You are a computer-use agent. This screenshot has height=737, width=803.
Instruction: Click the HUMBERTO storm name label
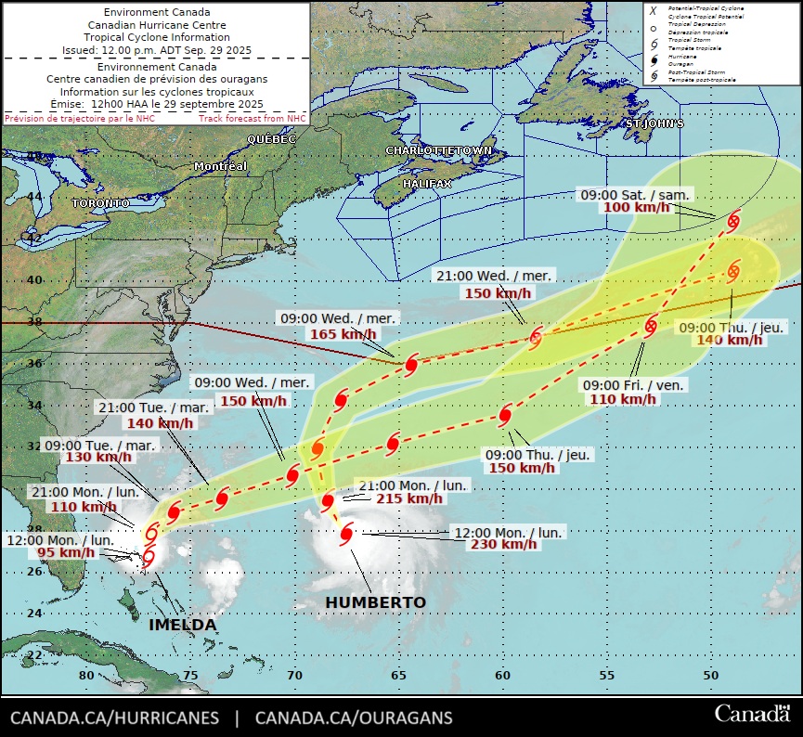pyautogui.click(x=375, y=603)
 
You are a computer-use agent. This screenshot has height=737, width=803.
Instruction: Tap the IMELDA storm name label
pyautogui.click(x=183, y=625)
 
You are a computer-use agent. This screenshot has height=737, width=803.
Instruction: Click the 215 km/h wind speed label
pyautogui.click(x=409, y=498)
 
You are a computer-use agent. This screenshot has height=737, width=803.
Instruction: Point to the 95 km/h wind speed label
pyautogui.click(x=66, y=552)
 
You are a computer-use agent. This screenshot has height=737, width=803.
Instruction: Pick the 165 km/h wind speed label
pyautogui.click(x=343, y=334)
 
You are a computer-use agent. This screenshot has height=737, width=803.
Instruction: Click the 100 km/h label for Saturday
pyautogui.click(x=637, y=207)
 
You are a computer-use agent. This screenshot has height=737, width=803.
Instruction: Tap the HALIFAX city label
pyautogui.click(x=427, y=184)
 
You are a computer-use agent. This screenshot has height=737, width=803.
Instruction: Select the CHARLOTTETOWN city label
pyautogui.click(x=438, y=150)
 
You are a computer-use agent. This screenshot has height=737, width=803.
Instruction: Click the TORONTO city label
pyautogui.click(x=100, y=202)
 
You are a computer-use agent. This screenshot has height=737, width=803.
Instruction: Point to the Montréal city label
pyautogui.click(x=220, y=166)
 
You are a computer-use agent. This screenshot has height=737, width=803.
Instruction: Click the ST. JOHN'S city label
pyautogui.click(x=654, y=123)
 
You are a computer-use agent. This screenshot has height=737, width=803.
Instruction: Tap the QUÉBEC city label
pyautogui.click(x=271, y=138)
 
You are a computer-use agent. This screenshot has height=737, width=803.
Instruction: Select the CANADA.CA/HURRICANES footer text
pyautogui.click(x=115, y=718)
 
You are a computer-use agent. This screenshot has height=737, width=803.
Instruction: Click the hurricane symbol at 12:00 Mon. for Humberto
pyautogui.click(x=347, y=533)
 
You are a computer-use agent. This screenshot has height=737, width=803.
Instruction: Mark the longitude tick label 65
pyautogui.click(x=397, y=676)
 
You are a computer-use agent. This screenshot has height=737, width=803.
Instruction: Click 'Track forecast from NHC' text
pyautogui.click(x=252, y=119)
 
